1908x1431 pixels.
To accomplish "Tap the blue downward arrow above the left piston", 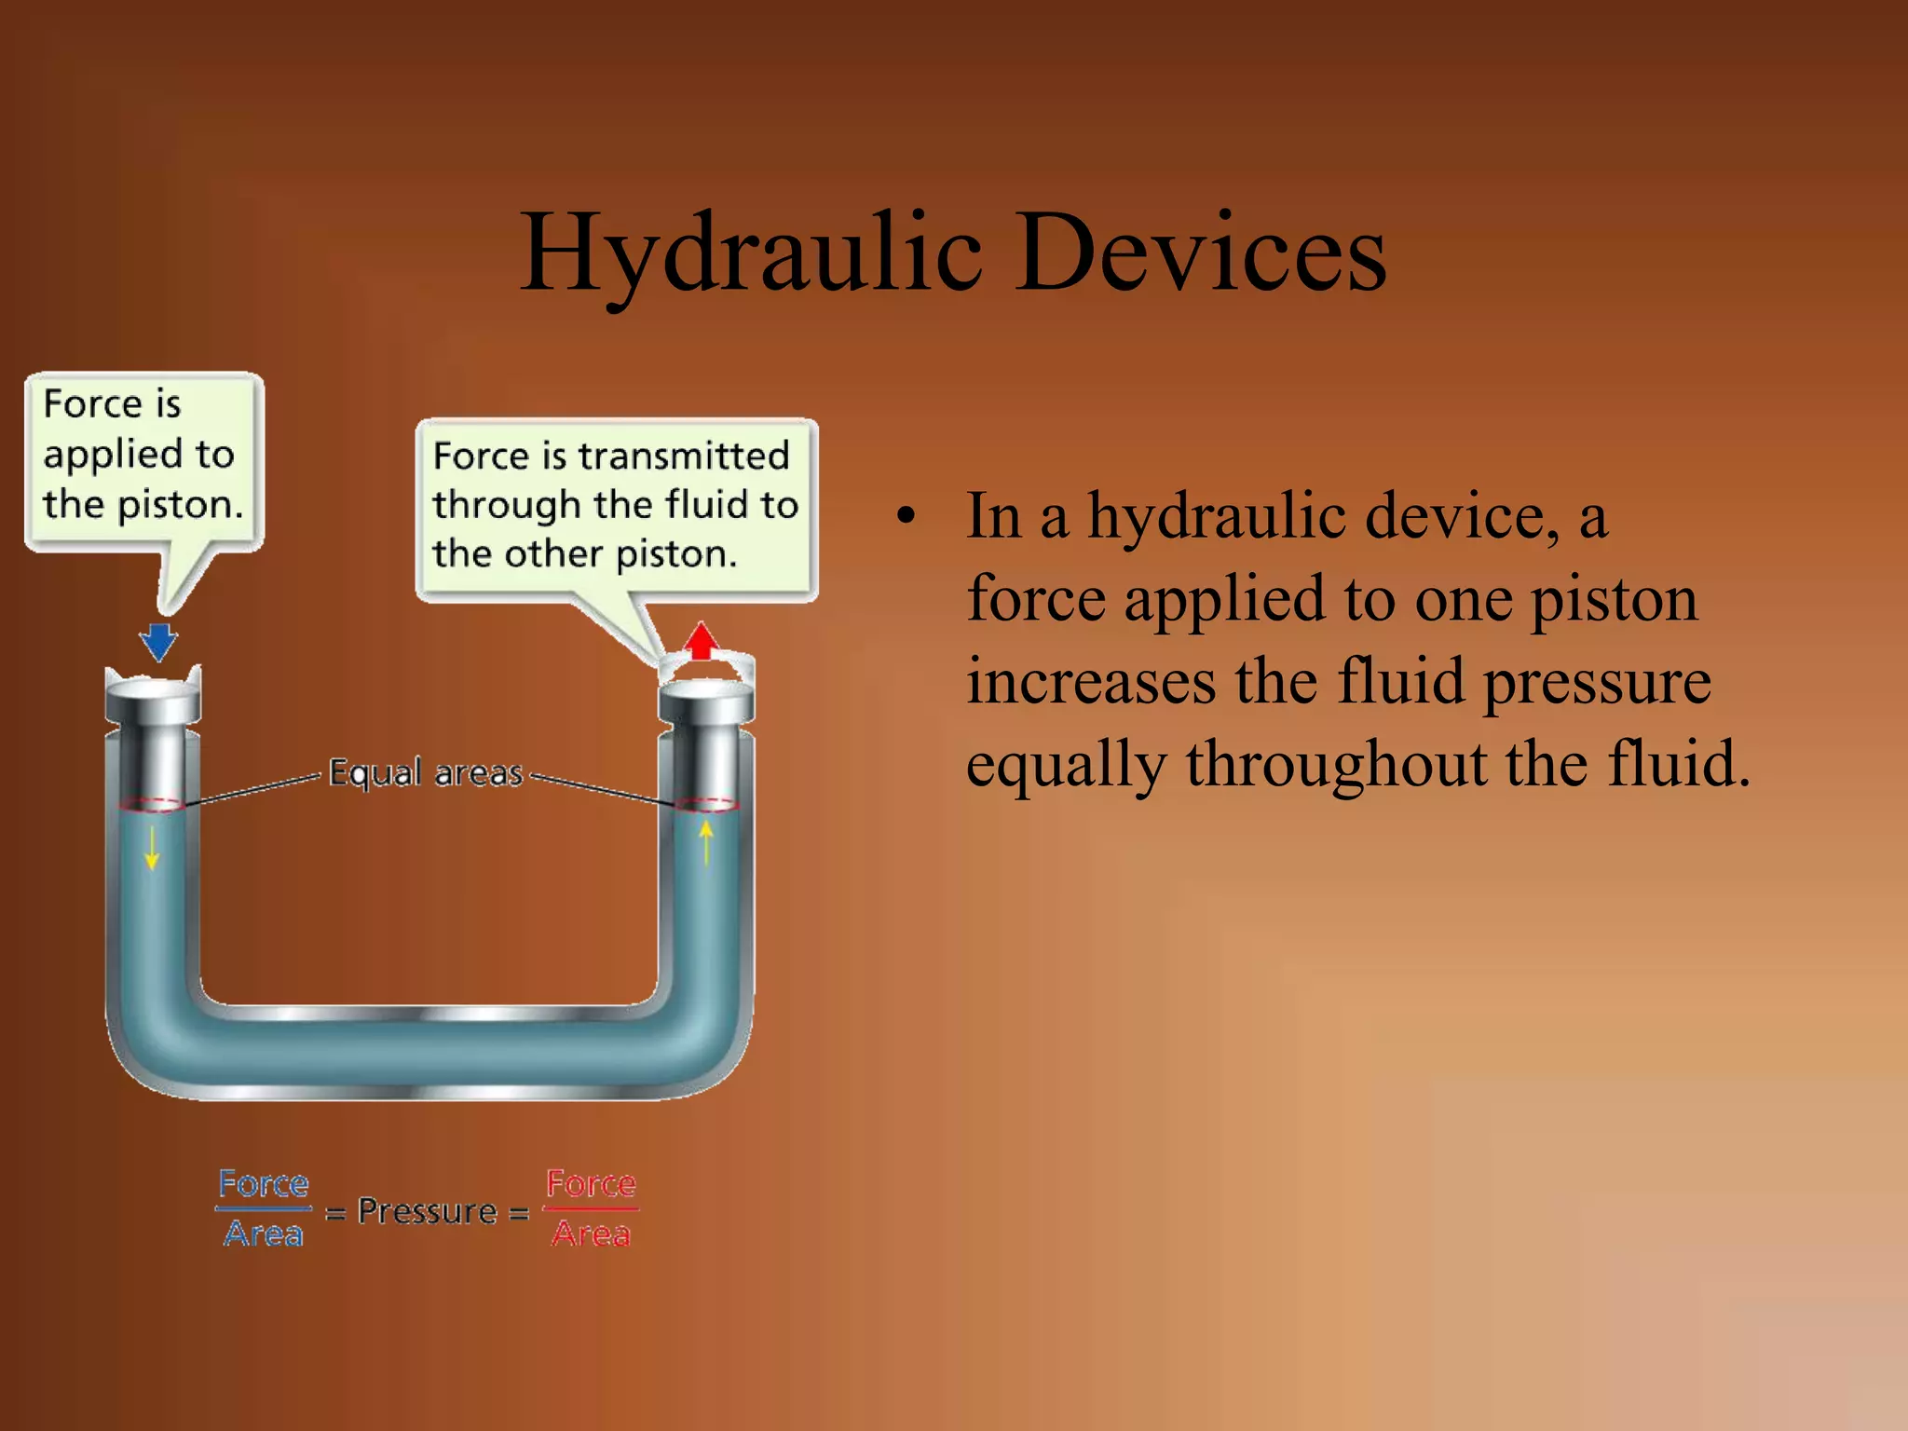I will (x=158, y=641).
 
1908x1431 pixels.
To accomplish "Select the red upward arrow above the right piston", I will (x=702, y=641).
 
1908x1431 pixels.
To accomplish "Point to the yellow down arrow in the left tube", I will (x=152, y=847).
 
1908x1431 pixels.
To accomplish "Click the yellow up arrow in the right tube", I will (x=706, y=840).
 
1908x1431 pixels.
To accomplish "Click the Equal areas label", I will (x=426, y=773).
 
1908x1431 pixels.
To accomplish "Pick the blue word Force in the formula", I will (x=264, y=1184).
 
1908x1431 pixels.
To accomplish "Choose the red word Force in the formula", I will (x=591, y=1184).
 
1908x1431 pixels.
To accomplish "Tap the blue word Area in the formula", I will (x=264, y=1234).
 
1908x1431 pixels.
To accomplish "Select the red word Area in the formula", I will (x=591, y=1234).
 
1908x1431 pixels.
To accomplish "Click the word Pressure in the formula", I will (x=428, y=1211).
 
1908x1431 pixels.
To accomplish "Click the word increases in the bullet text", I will (x=1091, y=682).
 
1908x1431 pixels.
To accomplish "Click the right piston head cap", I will (x=706, y=701).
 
